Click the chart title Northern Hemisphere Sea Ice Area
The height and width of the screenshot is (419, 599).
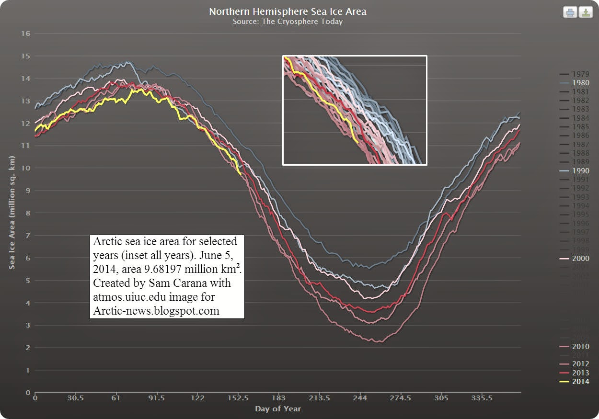pos(288,11)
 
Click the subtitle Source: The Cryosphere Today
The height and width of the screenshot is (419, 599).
pos(288,22)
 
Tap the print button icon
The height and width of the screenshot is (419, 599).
pos(570,12)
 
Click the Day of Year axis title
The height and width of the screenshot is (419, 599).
pos(278,408)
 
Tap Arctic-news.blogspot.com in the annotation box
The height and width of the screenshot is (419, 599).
pos(156,311)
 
